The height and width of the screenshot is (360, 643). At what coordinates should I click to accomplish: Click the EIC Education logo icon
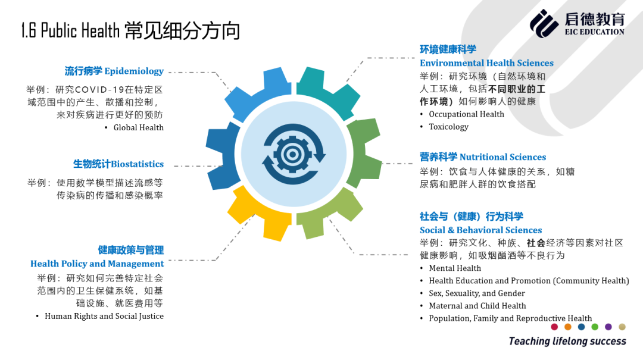tap(544, 24)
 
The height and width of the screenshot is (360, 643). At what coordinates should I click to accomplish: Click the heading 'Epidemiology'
tap(134, 71)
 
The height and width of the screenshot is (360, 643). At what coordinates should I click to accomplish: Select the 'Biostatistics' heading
tap(138, 164)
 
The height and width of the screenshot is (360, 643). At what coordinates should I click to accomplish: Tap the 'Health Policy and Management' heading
tap(97, 264)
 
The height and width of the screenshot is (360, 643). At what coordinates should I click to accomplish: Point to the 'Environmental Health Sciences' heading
tap(487, 63)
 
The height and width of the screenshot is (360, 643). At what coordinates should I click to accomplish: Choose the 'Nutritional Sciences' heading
tap(502, 157)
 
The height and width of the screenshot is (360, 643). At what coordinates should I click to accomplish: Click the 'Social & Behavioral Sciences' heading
tap(480, 230)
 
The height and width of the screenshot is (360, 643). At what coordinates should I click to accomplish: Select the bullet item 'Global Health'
tap(139, 127)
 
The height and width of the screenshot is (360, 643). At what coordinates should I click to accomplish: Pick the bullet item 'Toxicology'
tap(449, 127)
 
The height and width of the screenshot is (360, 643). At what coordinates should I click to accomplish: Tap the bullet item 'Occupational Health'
tap(466, 114)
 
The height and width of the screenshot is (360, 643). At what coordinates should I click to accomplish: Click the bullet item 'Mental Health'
tap(455, 268)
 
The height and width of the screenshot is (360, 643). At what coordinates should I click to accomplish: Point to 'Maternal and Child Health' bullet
tap(477, 306)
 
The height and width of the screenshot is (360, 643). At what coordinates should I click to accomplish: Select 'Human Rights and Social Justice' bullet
tap(104, 316)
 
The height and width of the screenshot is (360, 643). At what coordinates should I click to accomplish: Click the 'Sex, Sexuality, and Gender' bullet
tap(477, 293)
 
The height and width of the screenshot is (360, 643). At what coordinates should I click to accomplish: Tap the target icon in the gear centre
tap(292, 155)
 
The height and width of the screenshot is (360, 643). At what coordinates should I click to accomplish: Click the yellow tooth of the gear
tap(260, 213)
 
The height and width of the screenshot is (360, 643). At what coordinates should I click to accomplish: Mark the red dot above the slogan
tap(554, 327)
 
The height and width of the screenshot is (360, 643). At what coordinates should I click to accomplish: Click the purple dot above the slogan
tap(608, 327)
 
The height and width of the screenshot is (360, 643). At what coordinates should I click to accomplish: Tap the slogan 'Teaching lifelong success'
tap(567, 341)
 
